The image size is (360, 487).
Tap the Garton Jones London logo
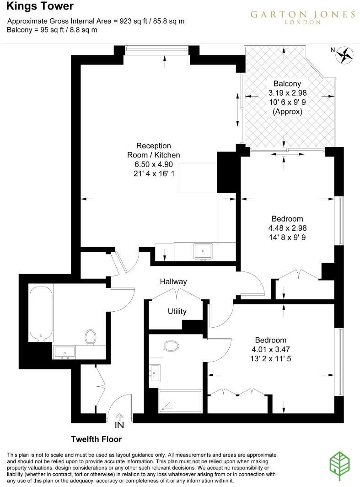(x=302, y=17)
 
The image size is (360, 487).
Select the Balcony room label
(x=287, y=84)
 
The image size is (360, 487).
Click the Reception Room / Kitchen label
(x=153, y=151)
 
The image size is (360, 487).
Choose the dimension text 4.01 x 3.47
(x=270, y=350)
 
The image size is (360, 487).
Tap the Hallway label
(x=173, y=282)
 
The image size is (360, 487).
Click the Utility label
(x=177, y=312)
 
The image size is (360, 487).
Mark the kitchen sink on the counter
(x=202, y=251)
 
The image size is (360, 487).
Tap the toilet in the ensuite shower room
(x=171, y=345)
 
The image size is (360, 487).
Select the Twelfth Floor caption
(x=96, y=439)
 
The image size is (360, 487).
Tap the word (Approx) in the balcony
(x=287, y=112)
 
